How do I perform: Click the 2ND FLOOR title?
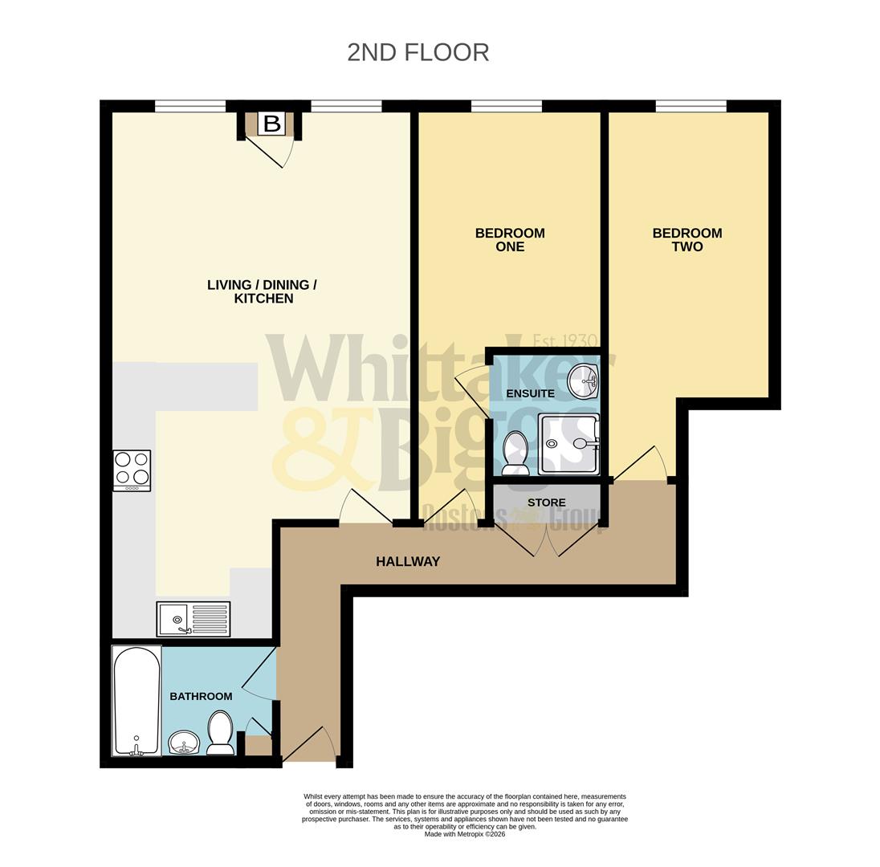click(x=418, y=52)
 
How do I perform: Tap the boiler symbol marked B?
click(x=272, y=124)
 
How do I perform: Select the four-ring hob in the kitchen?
click(x=132, y=470)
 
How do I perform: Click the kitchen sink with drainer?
click(x=194, y=619)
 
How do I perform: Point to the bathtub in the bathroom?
click(x=136, y=701)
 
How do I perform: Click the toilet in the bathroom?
click(x=220, y=733)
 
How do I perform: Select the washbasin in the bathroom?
click(x=184, y=742)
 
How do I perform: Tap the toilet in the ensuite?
click(x=515, y=452)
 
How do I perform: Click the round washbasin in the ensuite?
click(x=582, y=381)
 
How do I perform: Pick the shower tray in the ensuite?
click(x=568, y=444)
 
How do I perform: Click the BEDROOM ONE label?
click(x=510, y=240)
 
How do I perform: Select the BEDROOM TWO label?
click(x=686, y=240)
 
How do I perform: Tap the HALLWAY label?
click(x=408, y=562)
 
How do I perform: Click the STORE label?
click(x=546, y=503)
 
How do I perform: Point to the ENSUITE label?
click(x=530, y=393)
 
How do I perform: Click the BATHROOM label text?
click(x=201, y=696)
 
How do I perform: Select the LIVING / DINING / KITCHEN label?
click(x=263, y=291)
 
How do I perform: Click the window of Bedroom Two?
click(x=691, y=106)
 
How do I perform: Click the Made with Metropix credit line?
click(x=465, y=834)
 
